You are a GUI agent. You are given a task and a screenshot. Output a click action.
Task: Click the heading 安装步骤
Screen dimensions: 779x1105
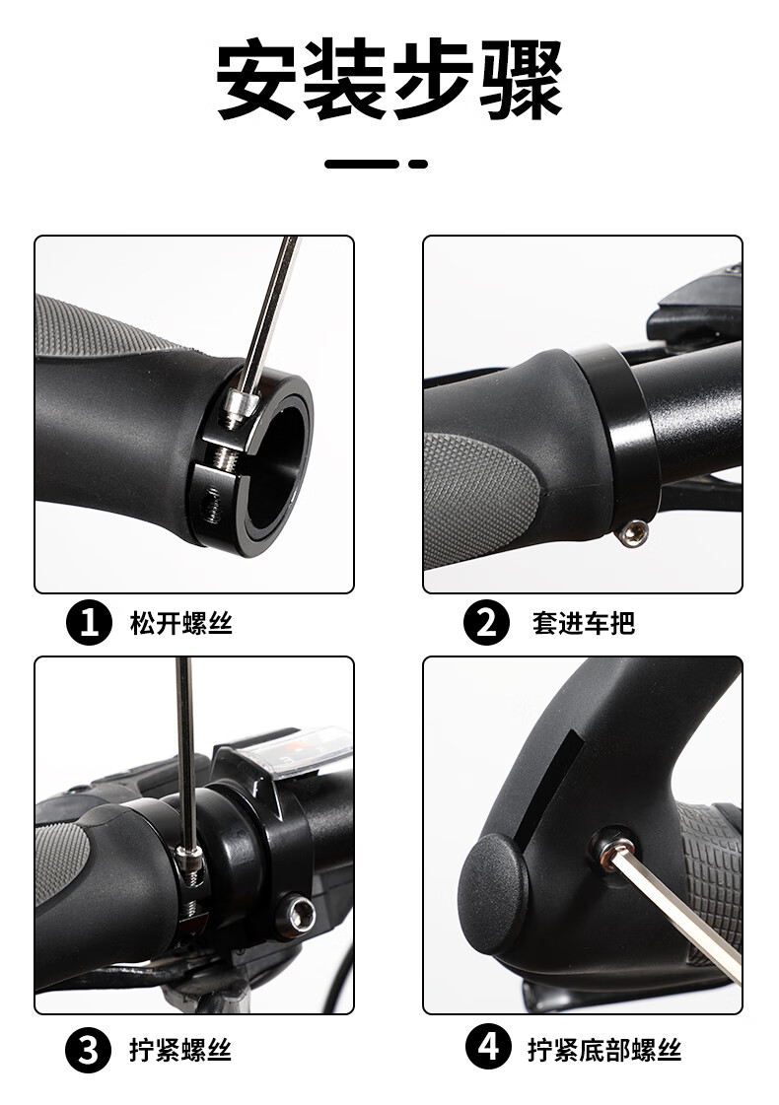pyautogui.click(x=389, y=80)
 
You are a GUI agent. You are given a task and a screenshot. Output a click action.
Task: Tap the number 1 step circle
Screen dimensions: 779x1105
pyautogui.click(x=89, y=623)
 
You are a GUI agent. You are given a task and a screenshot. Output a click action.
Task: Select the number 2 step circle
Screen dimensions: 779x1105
pyautogui.click(x=486, y=623)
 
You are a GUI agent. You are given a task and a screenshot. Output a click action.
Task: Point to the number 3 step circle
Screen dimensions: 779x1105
pyautogui.click(x=89, y=1050)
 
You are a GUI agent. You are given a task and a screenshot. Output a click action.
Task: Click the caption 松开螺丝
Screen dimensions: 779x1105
pyautogui.click(x=181, y=623)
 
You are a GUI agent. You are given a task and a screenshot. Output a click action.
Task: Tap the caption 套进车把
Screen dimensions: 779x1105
pyautogui.click(x=584, y=623)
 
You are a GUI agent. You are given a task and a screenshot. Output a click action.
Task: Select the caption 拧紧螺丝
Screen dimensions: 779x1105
pyautogui.click(x=180, y=1050)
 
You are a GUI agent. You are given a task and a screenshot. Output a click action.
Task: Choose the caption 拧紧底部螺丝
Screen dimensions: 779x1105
pyautogui.click(x=604, y=1050)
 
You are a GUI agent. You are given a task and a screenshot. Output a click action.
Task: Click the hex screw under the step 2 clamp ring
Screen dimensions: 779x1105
pyautogui.click(x=631, y=532)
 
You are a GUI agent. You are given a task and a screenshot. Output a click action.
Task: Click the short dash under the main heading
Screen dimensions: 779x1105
pyautogui.click(x=418, y=164)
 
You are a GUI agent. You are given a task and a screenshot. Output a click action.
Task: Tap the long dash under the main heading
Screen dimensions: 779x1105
pyautogui.click(x=362, y=164)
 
